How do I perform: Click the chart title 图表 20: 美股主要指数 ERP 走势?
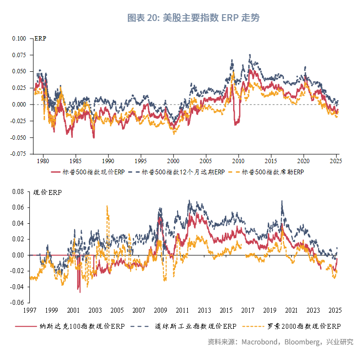point(193,18)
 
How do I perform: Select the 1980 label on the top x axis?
point(43,161)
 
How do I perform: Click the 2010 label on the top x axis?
point(239,161)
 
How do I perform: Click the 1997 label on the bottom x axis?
point(30,310)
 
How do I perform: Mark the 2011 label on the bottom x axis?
point(182,310)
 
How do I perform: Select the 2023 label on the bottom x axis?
point(313,310)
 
